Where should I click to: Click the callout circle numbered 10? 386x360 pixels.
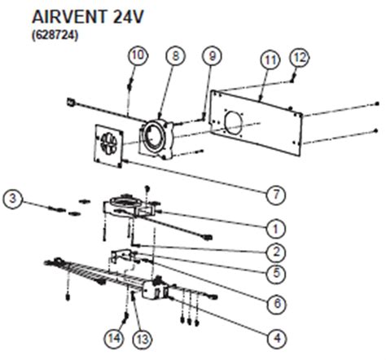138,55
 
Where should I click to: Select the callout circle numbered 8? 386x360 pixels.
176,56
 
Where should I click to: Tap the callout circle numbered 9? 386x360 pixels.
212,56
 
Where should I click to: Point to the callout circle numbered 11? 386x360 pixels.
270,60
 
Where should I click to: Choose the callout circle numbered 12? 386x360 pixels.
300,58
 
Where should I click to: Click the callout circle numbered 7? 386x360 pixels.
276,195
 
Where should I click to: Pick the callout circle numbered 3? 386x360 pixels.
13,199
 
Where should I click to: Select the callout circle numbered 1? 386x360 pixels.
276,229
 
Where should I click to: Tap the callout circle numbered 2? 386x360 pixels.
276,252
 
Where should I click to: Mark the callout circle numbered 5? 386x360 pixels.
276,273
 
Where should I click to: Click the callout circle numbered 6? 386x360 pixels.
277,303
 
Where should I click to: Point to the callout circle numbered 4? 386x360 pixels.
277,338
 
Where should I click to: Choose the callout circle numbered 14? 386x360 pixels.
114,338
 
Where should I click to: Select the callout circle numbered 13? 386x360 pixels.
143,340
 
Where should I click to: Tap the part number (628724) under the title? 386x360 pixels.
55,35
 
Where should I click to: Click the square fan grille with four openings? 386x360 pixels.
108,146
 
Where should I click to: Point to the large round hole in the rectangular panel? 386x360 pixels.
233,122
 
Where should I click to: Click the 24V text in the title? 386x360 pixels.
128,17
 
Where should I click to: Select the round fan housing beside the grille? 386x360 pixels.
156,138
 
